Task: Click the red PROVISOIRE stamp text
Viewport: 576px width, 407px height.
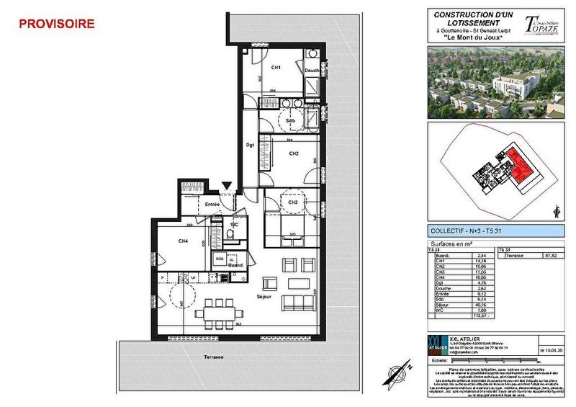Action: pos(56,24)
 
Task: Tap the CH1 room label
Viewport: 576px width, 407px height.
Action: pos(275,68)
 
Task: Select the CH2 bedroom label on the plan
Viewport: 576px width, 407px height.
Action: pos(293,153)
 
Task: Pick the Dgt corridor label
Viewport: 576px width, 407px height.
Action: pos(251,145)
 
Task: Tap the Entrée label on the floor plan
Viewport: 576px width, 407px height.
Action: pos(212,205)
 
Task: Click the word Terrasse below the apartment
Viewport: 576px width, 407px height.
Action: pos(213,357)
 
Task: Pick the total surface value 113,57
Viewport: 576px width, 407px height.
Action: pos(477,316)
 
